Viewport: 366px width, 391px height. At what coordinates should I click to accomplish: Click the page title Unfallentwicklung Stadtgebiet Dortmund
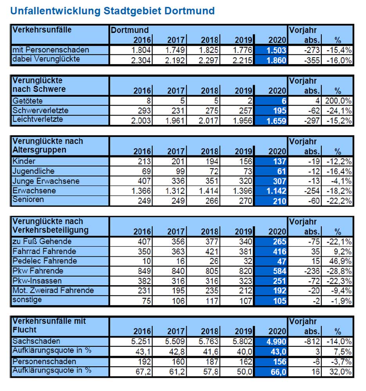click(112, 11)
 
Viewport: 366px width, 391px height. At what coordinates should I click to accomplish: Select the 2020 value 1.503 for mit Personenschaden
click(276, 50)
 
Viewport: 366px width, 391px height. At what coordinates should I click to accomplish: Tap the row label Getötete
click(27, 101)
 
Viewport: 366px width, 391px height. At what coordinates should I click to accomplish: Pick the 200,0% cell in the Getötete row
click(338, 101)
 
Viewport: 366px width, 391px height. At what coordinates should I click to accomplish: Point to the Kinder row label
click(24, 161)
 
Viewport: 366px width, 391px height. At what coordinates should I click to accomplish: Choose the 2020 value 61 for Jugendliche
click(281, 171)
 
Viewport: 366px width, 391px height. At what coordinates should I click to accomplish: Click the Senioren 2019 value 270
click(245, 201)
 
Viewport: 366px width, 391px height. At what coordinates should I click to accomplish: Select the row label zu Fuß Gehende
click(42, 241)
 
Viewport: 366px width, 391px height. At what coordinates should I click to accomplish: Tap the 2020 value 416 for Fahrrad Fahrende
click(280, 251)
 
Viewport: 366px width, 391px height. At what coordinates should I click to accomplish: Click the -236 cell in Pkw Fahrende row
click(312, 271)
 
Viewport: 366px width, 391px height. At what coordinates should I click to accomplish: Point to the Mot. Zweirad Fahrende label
click(53, 290)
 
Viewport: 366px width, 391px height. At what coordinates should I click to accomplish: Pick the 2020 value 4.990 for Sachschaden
click(276, 342)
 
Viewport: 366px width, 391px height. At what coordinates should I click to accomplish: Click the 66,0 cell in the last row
click(278, 372)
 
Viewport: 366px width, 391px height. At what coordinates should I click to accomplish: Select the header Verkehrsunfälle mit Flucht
click(49, 325)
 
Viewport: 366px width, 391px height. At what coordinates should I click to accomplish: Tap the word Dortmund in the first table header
click(130, 30)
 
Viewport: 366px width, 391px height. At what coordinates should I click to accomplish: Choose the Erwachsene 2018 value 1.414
click(208, 191)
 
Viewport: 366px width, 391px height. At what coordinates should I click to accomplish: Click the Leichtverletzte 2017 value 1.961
click(175, 121)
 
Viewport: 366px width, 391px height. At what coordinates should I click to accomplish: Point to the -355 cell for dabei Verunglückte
click(312, 60)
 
